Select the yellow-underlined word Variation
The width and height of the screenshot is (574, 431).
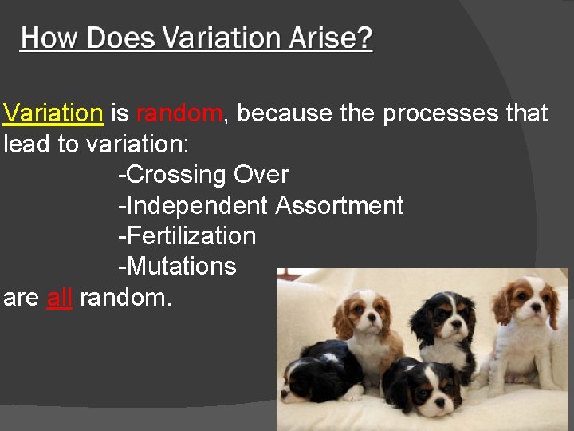(53, 113)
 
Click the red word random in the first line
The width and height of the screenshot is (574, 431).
(179, 113)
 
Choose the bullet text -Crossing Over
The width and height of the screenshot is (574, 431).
(203, 174)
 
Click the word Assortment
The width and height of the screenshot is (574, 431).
(340, 205)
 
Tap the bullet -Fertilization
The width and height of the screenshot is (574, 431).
(187, 235)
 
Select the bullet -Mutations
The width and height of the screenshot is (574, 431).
(177, 266)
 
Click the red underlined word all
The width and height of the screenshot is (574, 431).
(59, 298)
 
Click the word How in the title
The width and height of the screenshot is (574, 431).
(49, 38)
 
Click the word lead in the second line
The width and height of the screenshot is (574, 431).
(29, 144)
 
